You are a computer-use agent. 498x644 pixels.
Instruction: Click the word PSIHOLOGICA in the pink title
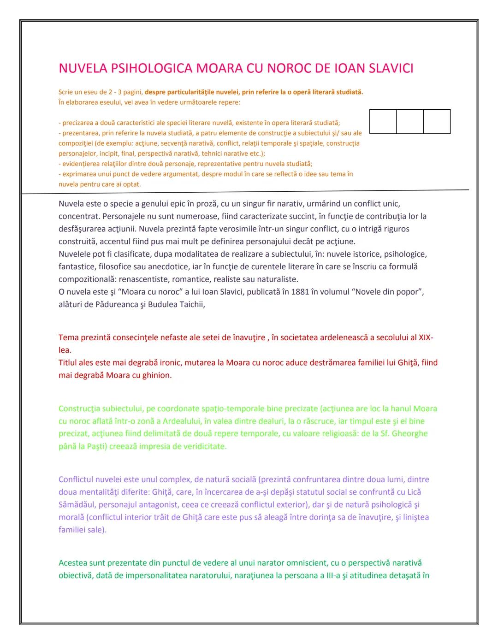click(149, 68)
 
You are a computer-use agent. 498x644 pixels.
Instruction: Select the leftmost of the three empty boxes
click(383, 122)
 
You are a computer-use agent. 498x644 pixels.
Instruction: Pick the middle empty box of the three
click(410, 122)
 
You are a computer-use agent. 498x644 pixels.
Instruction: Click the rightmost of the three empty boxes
click(437, 122)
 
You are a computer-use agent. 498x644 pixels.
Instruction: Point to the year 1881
click(300, 292)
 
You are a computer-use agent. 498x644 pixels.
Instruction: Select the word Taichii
click(192, 304)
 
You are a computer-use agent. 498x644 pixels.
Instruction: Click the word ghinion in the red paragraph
click(156, 375)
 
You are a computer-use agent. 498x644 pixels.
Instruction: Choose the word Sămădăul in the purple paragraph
click(77, 504)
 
